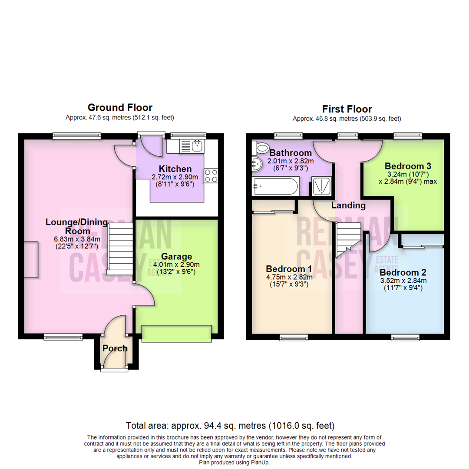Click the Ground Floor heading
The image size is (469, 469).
coord(120,107)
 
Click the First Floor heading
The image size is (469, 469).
coord(347,109)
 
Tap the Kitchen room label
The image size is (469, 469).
coord(175,168)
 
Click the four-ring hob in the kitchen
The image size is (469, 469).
coord(211,175)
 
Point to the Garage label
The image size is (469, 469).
coord(177,257)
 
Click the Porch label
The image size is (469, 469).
coord(115,348)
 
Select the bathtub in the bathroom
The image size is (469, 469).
coord(275,187)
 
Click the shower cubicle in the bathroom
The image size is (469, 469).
coord(322,187)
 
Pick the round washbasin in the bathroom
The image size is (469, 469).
coord(256,164)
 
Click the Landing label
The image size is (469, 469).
coord(348,205)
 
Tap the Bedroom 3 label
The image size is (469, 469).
coord(404,166)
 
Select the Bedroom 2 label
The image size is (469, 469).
coord(403,273)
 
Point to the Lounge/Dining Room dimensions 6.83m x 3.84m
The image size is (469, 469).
coord(77,239)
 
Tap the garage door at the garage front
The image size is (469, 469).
coord(177,332)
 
